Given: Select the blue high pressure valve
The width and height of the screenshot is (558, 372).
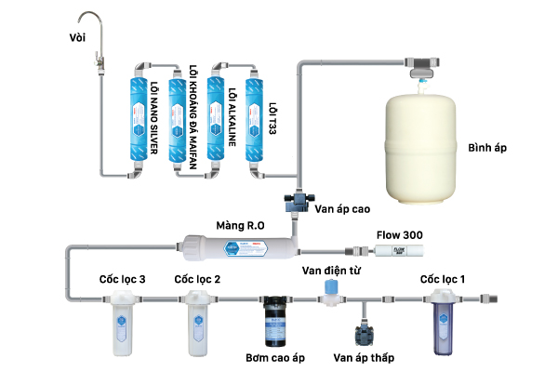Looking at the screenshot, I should point(297,200).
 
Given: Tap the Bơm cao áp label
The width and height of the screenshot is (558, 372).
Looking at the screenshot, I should point(273,357).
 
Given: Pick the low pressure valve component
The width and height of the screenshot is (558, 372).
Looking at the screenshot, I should point(362,331).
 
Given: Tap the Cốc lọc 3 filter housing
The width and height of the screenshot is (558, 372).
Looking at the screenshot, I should point(123,322).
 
